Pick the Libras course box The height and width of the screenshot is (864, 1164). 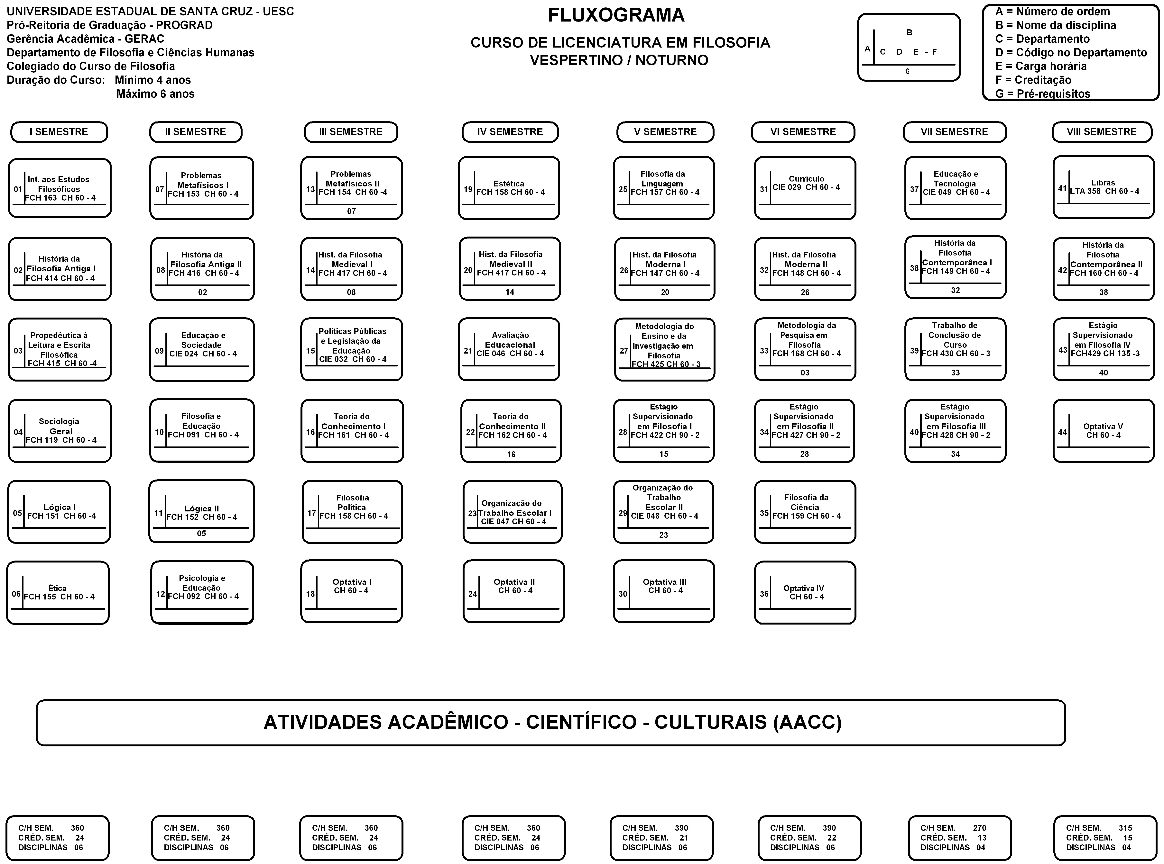pyautogui.click(x=1103, y=187)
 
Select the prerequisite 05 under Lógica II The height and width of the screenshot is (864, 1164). pyautogui.click(x=201, y=534)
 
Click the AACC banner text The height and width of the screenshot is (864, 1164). pyautogui.click(x=552, y=722)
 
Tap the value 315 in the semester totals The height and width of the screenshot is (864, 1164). pyautogui.click(x=1125, y=828)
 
